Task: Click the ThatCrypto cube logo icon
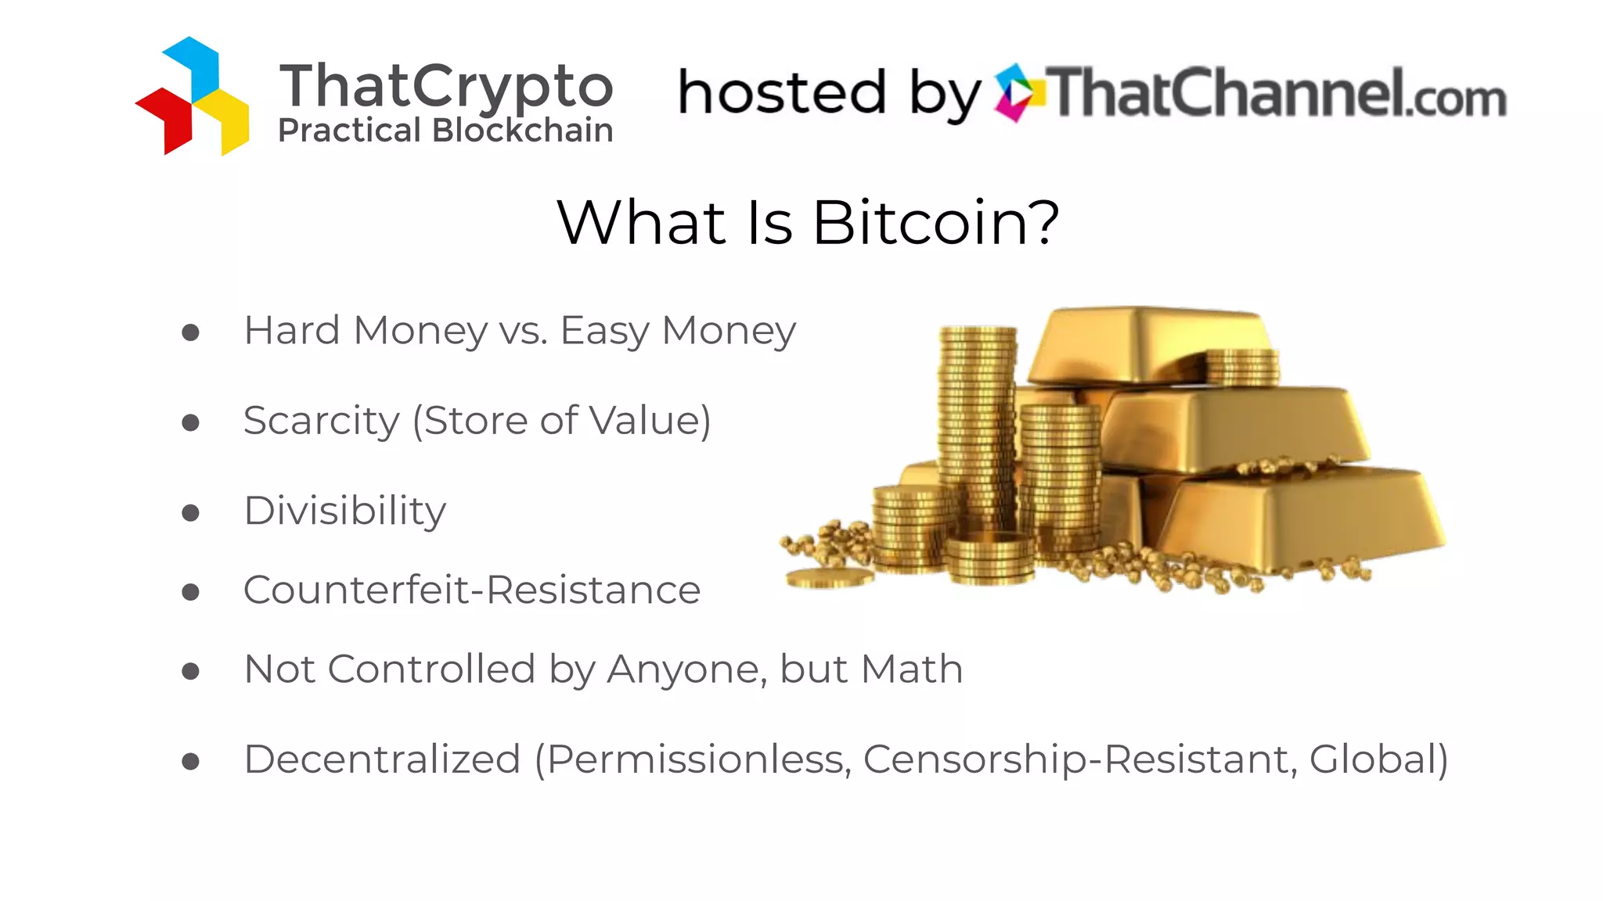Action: [x=193, y=96]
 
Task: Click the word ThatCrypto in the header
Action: [x=446, y=86]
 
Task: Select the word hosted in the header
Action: [x=781, y=93]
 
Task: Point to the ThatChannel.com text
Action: [x=1276, y=93]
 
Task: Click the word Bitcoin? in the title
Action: [x=935, y=223]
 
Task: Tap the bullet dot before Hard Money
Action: [x=190, y=333]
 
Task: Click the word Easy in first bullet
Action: [x=604, y=331]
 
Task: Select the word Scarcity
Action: [x=321, y=422]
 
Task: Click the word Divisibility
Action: [x=344, y=512]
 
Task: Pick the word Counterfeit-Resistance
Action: [x=471, y=590]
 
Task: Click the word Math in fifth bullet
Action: [x=911, y=669]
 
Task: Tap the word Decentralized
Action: [x=382, y=759]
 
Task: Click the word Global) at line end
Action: [x=1378, y=759]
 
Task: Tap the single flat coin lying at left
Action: [x=829, y=579]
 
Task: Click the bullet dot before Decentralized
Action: [x=190, y=761]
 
